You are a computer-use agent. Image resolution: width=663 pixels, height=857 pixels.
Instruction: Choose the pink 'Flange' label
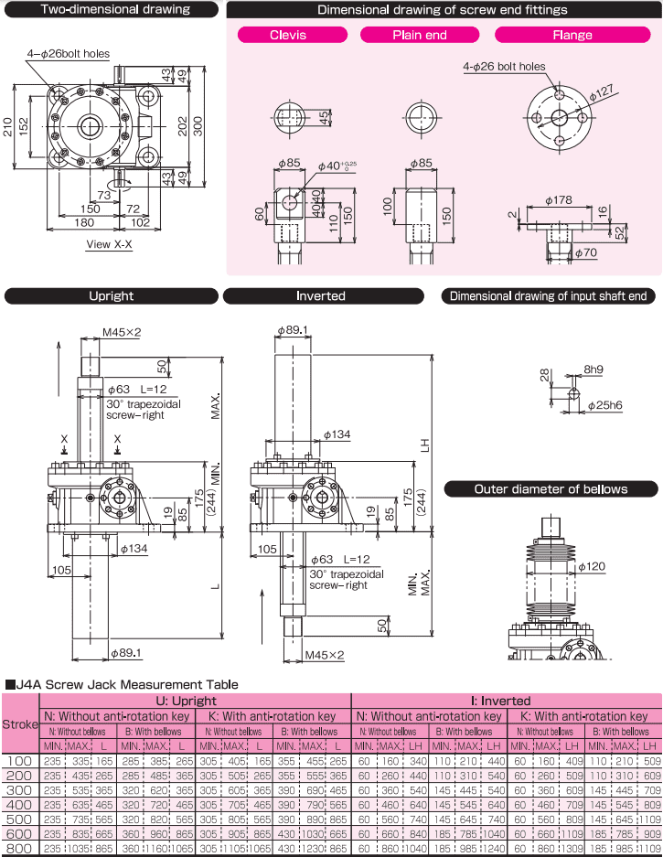coord(572,35)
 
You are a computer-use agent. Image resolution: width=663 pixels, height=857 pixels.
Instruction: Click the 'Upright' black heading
coord(111,296)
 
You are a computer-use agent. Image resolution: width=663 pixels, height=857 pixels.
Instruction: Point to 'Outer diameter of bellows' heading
coord(551,489)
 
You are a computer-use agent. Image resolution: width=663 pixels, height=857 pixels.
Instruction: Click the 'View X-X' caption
coord(109,244)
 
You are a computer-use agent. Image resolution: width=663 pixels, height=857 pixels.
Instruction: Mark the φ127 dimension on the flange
coord(602,92)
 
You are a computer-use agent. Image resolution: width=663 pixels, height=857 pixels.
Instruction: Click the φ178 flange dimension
coord(559,199)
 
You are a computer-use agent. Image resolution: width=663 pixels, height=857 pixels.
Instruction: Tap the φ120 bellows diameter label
coord(593,567)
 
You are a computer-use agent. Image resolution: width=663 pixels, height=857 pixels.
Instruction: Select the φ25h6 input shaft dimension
coord(604,404)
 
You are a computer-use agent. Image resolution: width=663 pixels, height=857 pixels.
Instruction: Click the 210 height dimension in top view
coord(8,126)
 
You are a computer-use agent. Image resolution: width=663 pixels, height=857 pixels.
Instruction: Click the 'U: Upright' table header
coord(194,701)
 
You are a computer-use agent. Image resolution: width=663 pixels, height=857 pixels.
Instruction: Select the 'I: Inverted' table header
coord(506,701)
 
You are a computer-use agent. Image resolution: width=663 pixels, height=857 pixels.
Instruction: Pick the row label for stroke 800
coord(20,849)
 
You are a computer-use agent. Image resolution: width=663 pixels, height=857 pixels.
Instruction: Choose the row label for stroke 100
coord(20,761)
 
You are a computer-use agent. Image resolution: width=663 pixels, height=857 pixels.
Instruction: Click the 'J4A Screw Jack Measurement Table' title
coord(125,684)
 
